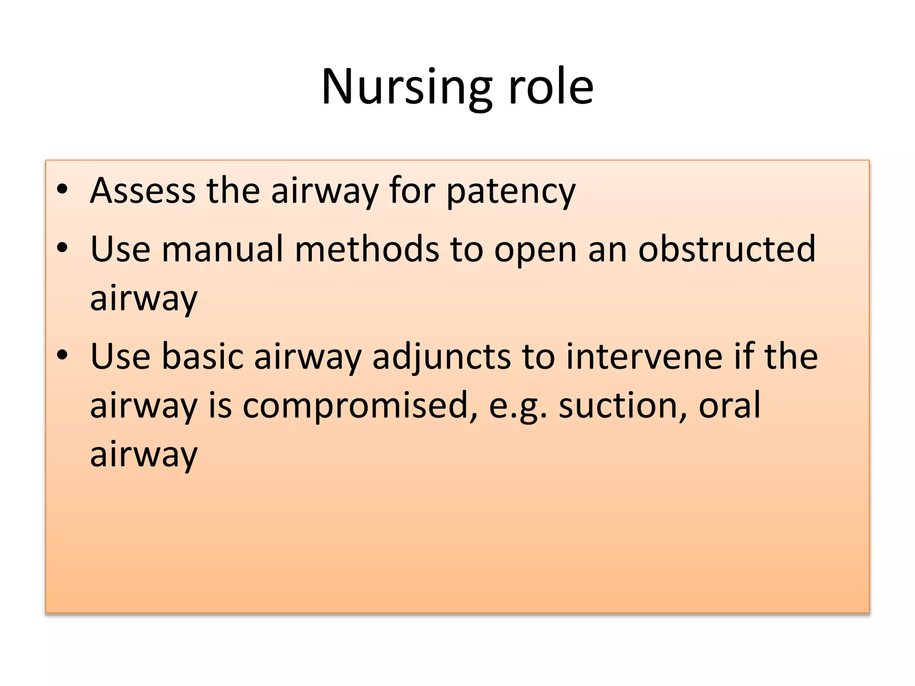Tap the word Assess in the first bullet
click(143, 191)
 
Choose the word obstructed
click(726, 249)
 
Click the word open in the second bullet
click(535, 251)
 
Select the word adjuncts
click(441, 357)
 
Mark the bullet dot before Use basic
click(62, 355)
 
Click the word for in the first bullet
click(411, 191)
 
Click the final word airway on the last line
click(143, 455)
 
